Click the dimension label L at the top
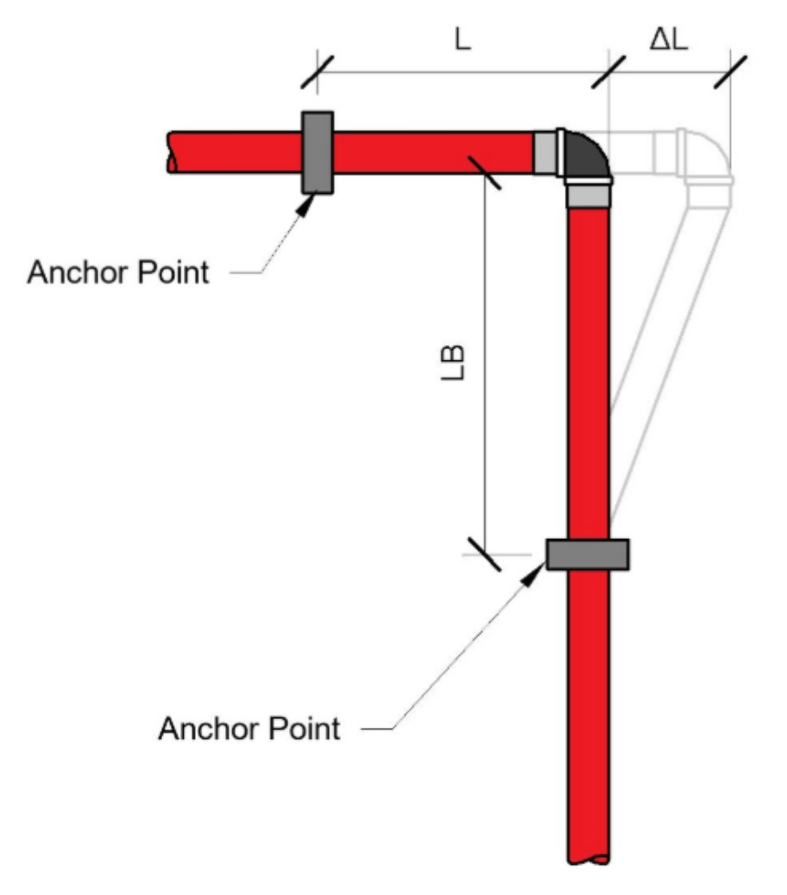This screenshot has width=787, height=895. (x=463, y=41)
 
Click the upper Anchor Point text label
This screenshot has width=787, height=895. (x=118, y=272)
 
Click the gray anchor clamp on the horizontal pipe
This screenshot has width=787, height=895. (x=317, y=153)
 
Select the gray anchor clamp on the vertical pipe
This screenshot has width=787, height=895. (x=588, y=554)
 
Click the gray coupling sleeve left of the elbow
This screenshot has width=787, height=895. (x=545, y=153)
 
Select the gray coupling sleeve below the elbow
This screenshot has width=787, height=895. (x=588, y=196)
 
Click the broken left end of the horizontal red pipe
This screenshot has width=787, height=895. (x=173, y=153)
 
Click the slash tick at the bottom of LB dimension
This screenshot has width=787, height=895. (x=483, y=554)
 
